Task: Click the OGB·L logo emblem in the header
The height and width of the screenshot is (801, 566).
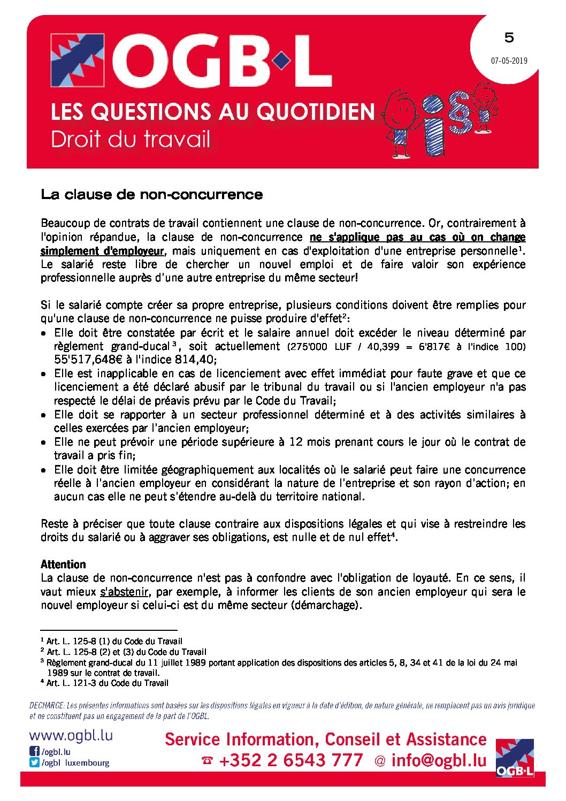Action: [77, 60]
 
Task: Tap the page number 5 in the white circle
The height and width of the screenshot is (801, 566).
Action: [509, 37]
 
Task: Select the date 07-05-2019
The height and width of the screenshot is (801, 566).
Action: [509, 60]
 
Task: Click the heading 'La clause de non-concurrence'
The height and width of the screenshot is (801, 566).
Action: [151, 194]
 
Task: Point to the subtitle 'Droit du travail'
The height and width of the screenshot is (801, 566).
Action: [131, 140]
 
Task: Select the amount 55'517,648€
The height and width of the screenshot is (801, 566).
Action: [88, 360]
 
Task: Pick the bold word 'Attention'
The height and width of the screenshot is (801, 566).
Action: [63, 564]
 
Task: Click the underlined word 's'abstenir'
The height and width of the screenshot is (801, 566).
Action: [124, 592]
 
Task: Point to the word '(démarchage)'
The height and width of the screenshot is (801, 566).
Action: [326, 605]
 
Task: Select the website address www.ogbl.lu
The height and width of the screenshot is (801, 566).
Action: [71, 735]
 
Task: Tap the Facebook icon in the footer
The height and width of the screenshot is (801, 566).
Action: [34, 752]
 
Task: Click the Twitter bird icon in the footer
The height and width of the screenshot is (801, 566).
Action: [34, 762]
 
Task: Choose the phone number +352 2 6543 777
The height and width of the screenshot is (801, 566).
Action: [290, 760]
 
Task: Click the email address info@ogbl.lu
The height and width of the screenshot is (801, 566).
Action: [439, 760]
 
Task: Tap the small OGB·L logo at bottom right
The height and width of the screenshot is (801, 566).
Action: [515, 758]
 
